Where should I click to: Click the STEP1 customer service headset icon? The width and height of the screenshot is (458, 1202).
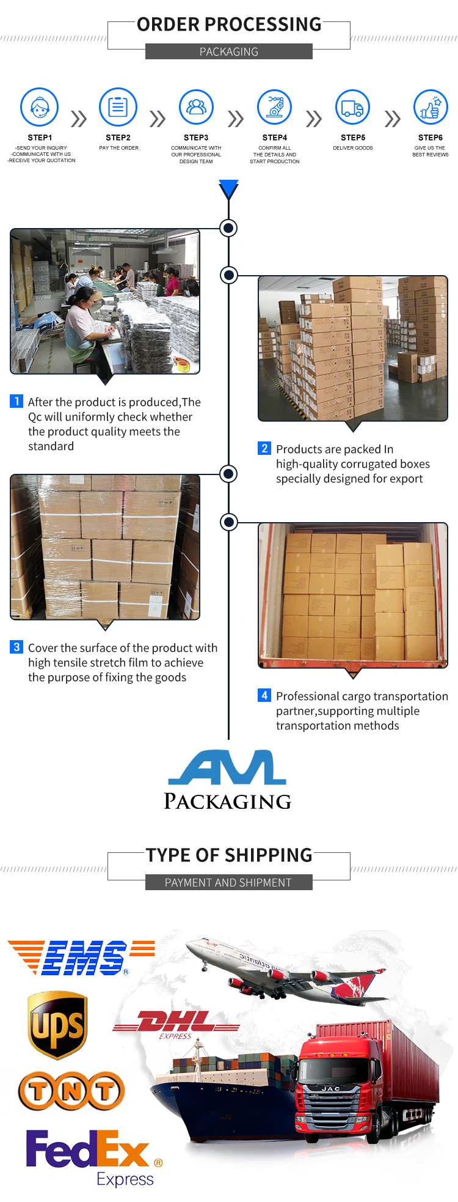(40, 107)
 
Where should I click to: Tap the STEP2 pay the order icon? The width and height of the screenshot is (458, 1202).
(118, 107)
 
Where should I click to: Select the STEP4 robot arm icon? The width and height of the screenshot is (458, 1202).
(275, 107)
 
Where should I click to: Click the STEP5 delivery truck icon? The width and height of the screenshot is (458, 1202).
(352, 107)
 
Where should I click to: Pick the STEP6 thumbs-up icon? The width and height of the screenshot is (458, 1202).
(431, 107)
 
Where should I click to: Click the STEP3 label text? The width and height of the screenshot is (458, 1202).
(196, 138)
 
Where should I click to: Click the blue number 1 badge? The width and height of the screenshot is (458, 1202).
(16, 401)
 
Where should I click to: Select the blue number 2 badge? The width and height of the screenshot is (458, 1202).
(264, 448)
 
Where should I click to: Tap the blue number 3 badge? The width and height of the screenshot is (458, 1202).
(16, 647)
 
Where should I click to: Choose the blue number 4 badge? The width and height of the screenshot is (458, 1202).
(264, 695)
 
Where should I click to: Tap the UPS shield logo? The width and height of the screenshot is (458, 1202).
(58, 1025)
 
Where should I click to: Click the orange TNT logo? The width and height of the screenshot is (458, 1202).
(71, 1091)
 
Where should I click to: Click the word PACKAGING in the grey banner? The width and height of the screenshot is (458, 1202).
(229, 52)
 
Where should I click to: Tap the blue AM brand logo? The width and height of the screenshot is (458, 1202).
(227, 768)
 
